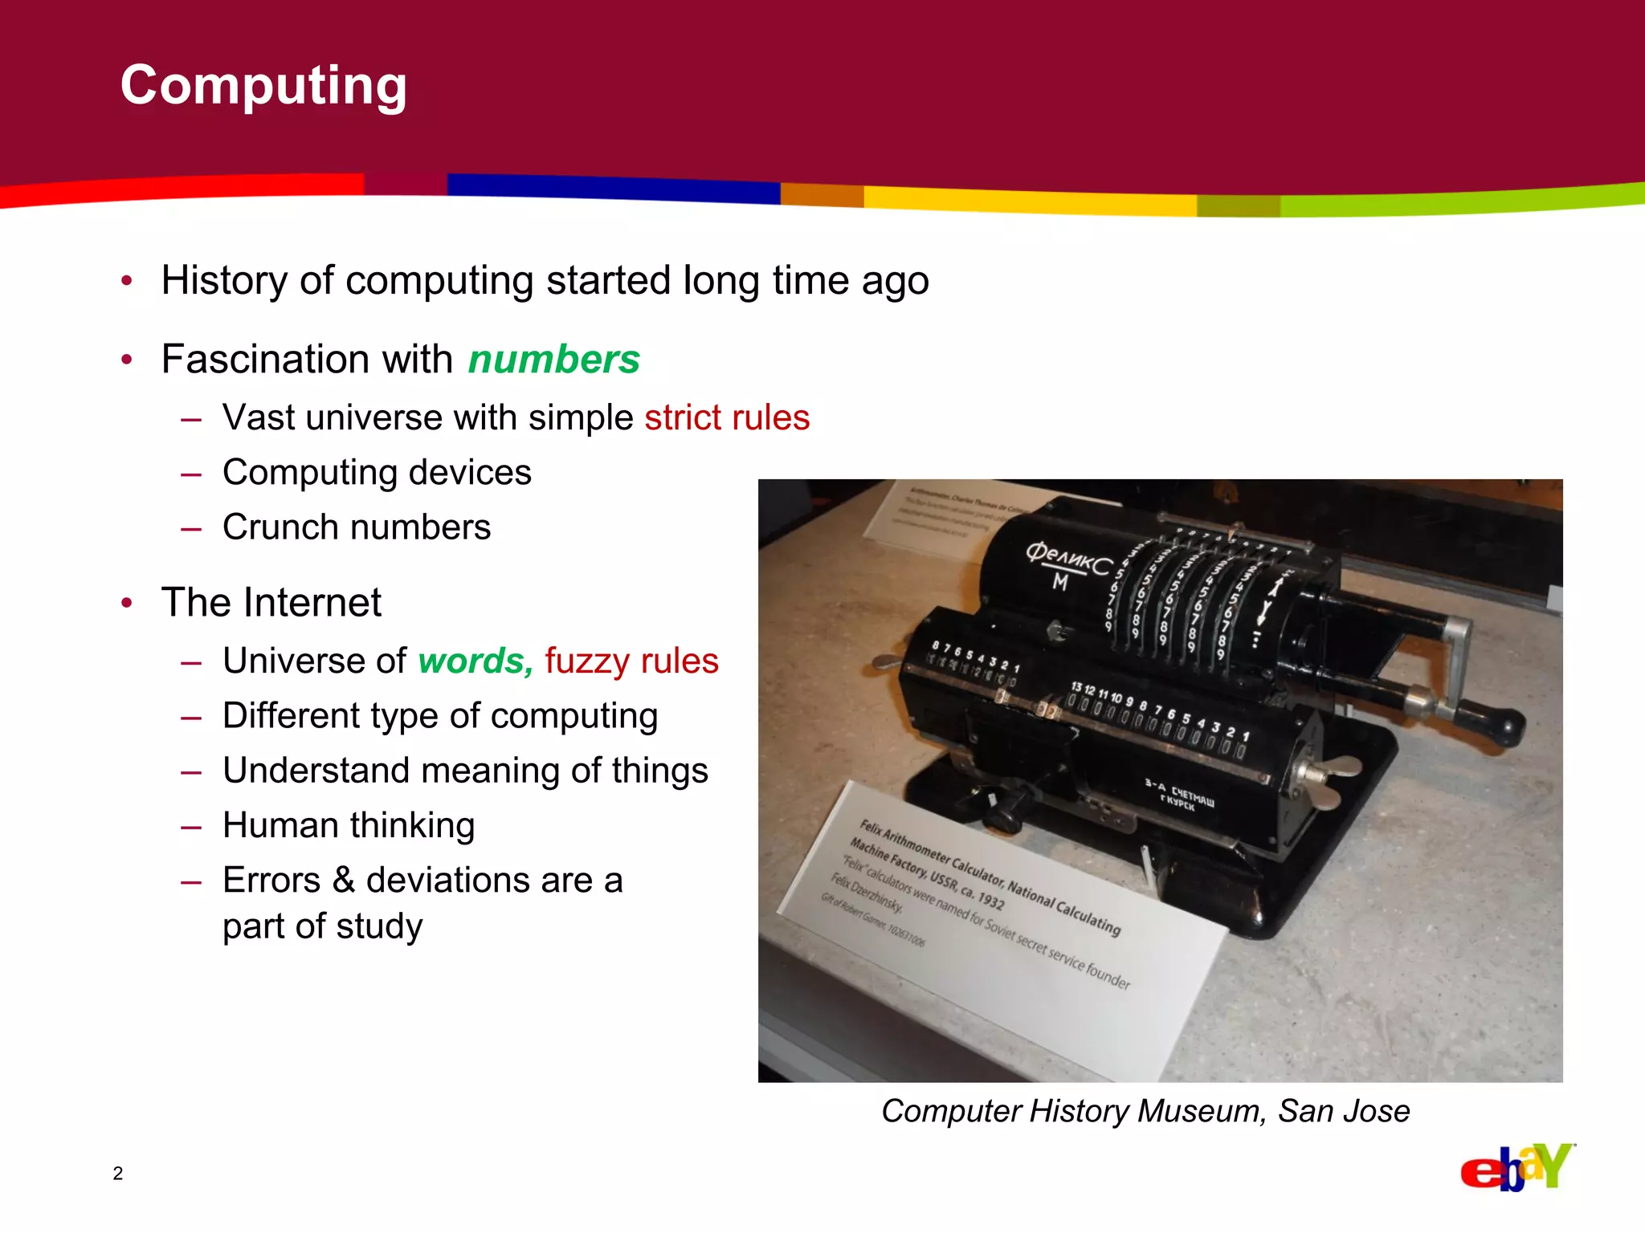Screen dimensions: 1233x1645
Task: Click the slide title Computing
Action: tap(263, 85)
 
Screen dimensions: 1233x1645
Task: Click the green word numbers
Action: tap(554, 359)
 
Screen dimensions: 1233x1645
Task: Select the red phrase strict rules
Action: tap(727, 417)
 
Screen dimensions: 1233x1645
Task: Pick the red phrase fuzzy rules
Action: tap(631, 661)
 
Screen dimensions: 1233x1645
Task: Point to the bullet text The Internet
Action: tap(271, 602)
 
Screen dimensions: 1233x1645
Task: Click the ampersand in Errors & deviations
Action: tap(344, 880)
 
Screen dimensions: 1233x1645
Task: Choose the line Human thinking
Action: tap(349, 825)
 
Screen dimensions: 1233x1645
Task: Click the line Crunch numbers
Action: tap(357, 527)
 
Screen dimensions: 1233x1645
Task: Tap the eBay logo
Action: tap(1516, 1168)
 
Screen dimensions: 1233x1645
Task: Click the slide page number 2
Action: tap(118, 1174)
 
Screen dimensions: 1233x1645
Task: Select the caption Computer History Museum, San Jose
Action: tap(1145, 1111)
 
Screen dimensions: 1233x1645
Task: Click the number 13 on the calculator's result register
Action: tap(1076, 687)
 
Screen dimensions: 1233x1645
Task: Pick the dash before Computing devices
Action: tap(191, 474)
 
